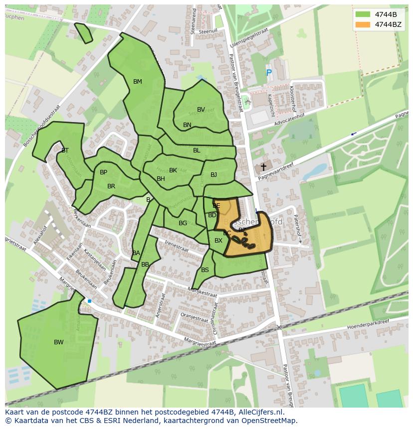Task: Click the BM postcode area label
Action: tap(138, 82)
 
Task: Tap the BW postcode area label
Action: tap(59, 342)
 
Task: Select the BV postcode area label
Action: tap(201, 110)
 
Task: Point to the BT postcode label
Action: tap(65, 150)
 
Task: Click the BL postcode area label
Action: tap(197, 150)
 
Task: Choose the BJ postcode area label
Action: tap(213, 175)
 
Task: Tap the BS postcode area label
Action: tap(205, 270)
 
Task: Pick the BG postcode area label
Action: tap(183, 223)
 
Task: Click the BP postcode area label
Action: tap(103, 172)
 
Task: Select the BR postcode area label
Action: tap(111, 186)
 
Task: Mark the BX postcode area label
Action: tap(218, 241)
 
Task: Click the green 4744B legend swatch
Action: tap(363, 14)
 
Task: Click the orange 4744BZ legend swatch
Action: tap(363, 24)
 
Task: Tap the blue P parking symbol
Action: tap(269, 73)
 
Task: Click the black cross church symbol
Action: tap(263, 167)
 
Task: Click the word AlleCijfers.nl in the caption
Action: tap(259, 412)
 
